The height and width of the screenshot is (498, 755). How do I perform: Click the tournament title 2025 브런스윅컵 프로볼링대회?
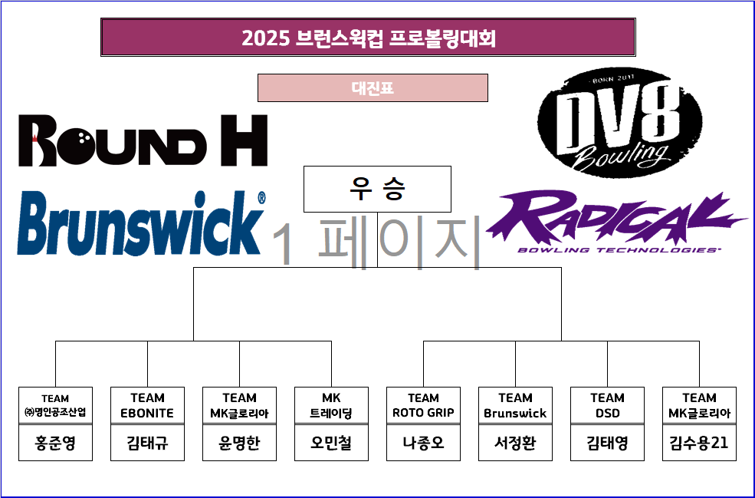[x=368, y=38]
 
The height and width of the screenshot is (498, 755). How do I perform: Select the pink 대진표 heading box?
[x=373, y=88]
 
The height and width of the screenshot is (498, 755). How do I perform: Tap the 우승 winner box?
[x=377, y=189]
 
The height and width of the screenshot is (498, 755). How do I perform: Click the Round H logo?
[x=143, y=140]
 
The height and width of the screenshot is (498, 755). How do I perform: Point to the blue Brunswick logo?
[x=141, y=223]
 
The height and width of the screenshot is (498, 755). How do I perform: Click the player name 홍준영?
[x=55, y=444]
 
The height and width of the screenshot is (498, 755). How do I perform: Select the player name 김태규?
[x=147, y=444]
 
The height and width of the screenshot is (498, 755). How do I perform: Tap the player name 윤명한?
[x=239, y=444]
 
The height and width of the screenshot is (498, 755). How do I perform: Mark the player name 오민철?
[x=331, y=444]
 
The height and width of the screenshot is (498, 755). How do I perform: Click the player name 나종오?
[x=423, y=444]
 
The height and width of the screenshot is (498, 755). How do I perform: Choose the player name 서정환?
[x=515, y=444]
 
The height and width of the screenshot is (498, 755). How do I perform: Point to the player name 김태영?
[x=607, y=444]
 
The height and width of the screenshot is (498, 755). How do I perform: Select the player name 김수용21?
[x=699, y=444]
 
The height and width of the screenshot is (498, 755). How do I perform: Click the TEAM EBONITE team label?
[x=147, y=405]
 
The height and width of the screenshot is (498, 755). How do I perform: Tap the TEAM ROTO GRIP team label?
[x=423, y=405]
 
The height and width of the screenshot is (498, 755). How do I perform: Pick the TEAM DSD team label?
[x=607, y=405]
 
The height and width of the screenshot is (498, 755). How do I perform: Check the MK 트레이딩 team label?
[x=331, y=405]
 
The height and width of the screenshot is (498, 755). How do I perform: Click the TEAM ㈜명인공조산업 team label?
[x=55, y=405]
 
